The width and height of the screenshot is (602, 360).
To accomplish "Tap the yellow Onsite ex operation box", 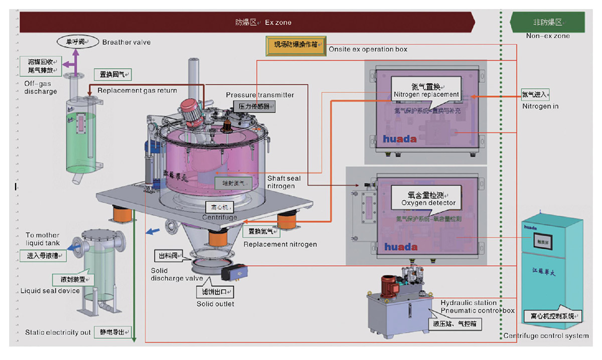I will click(296, 45).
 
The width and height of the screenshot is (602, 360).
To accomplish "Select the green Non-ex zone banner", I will click(547, 23).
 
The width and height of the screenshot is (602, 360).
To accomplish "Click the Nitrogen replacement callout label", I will click(426, 90).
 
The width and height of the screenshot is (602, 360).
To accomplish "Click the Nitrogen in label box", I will click(535, 94).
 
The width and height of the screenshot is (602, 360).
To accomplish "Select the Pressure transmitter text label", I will click(260, 95).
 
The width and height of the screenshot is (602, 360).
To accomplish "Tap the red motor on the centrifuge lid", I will click(191, 109).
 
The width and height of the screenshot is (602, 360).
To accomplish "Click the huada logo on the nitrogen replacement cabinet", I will click(400, 139).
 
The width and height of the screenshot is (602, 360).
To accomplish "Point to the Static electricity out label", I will click(58, 332).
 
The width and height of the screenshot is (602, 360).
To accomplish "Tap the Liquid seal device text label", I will click(50, 291).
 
